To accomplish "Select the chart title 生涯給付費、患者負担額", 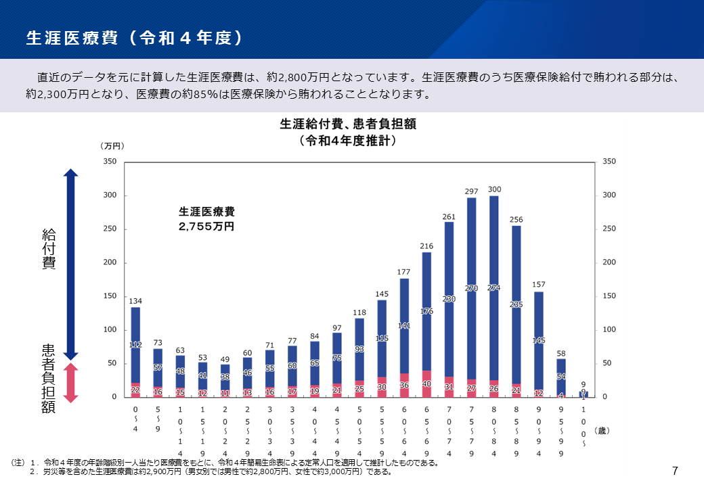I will (347, 124).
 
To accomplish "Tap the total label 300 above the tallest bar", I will (494, 189).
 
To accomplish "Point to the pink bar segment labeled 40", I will (426, 384).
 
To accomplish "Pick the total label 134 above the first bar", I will (135, 301).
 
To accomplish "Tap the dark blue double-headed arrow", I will (72, 264).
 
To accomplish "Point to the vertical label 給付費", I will (49, 249).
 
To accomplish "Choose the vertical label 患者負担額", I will (49, 379).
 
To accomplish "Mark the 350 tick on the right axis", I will (609, 162).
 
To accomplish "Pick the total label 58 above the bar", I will (561, 353).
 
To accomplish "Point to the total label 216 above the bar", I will (426, 246).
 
